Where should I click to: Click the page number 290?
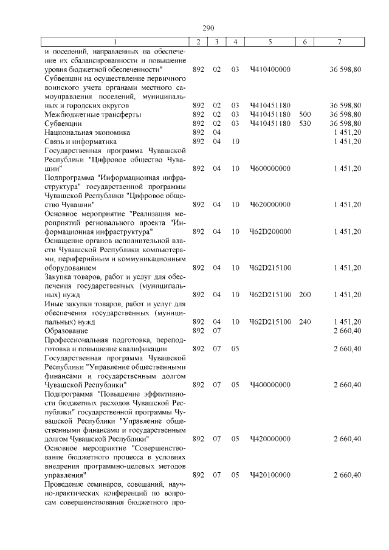203,27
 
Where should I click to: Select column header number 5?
270,41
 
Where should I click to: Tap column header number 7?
339,41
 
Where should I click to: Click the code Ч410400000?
270,69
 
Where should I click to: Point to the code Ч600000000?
270,168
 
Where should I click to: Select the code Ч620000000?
270,204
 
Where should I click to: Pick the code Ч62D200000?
270,232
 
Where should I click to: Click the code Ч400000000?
270,385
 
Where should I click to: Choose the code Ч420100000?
270,475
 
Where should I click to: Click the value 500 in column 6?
305,114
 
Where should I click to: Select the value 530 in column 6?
305,123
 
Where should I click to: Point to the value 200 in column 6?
305,295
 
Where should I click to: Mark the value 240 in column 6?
305,321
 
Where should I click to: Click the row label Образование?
66,331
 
